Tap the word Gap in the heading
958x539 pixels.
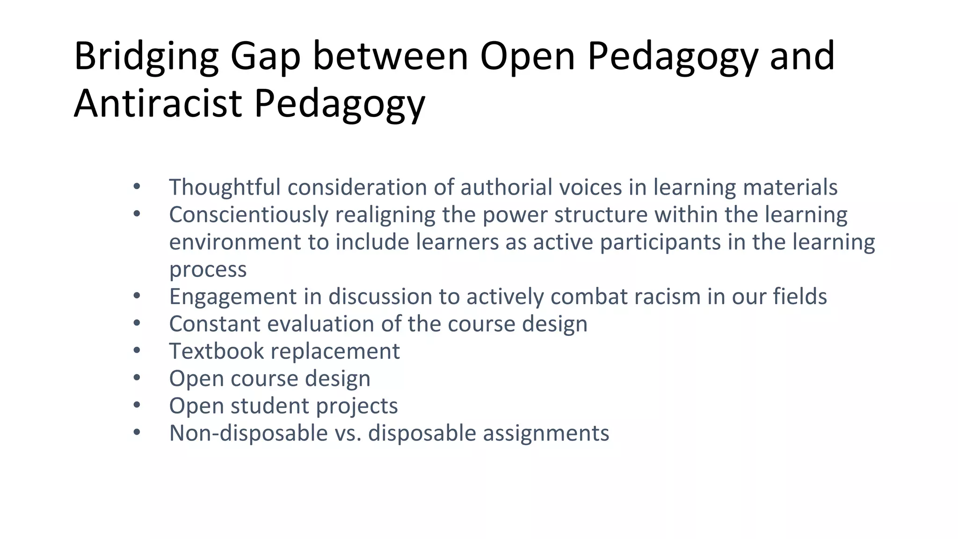click(x=265, y=57)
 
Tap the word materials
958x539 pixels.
click(x=790, y=187)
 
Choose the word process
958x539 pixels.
click(x=208, y=269)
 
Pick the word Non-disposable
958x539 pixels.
click(x=248, y=433)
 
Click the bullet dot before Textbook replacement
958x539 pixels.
click(x=137, y=350)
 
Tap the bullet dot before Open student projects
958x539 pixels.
click(x=137, y=405)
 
